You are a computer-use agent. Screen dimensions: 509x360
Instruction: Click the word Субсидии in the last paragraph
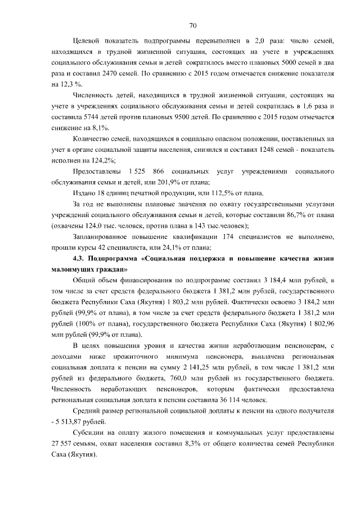[89, 431]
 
